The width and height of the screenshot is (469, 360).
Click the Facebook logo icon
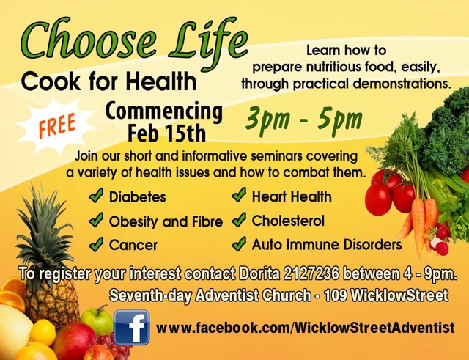(132, 328)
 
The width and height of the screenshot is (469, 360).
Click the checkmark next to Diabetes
(96, 196)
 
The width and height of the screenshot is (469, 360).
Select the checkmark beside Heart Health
(239, 195)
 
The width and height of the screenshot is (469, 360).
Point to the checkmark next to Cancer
(96, 244)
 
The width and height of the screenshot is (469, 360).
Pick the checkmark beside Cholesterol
(239, 220)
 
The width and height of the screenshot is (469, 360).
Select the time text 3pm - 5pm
(304, 120)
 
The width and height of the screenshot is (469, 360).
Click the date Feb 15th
(167, 133)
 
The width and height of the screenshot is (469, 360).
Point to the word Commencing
(164, 112)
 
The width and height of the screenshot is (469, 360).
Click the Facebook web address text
(306, 328)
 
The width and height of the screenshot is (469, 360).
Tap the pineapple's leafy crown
(45, 230)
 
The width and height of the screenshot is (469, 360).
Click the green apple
(97, 320)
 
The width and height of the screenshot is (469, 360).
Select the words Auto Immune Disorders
(327, 244)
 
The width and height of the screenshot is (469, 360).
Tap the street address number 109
(336, 295)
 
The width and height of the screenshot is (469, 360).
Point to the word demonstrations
(402, 84)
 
